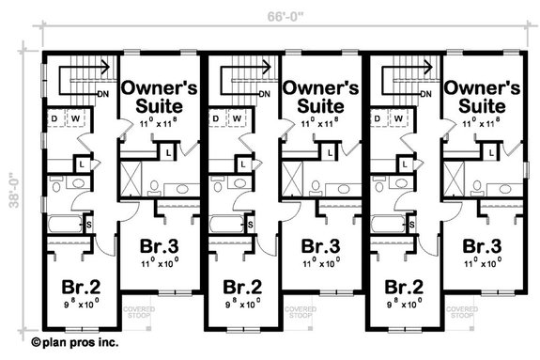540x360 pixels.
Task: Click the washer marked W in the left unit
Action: coord(76,118)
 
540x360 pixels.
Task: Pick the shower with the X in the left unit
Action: coord(131,175)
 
